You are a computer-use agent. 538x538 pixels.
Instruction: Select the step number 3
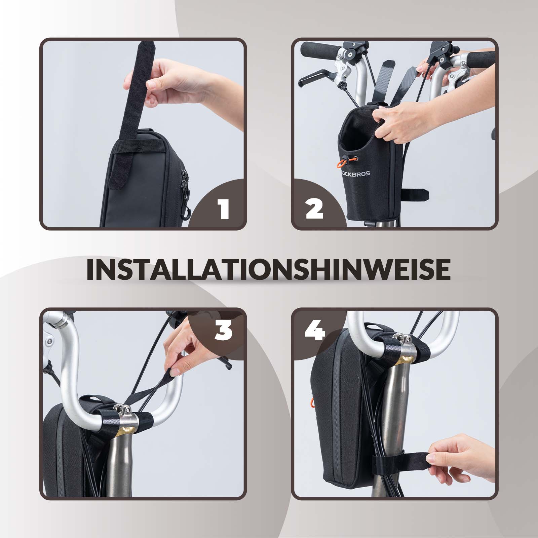coord(223,331)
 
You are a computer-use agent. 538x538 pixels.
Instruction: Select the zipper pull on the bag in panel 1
coord(185,183)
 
